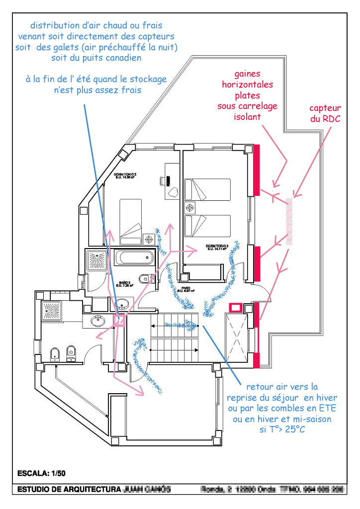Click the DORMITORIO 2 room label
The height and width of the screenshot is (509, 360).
pyautogui.click(x=125, y=176)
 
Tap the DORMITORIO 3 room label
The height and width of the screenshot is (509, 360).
pyautogui.click(x=218, y=248)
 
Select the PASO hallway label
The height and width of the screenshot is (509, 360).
pyautogui.click(x=186, y=289)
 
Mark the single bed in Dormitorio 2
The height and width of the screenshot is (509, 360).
pyautogui.click(x=131, y=222)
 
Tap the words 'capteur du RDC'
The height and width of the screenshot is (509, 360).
pyautogui.click(x=325, y=113)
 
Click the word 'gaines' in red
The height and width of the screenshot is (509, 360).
pyautogui.click(x=247, y=74)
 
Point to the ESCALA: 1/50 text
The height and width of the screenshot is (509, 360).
pyautogui.click(x=41, y=472)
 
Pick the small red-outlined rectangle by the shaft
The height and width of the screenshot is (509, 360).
pyautogui.click(x=235, y=308)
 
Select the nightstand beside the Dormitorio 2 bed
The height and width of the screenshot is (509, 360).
pyautogui.click(x=148, y=239)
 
